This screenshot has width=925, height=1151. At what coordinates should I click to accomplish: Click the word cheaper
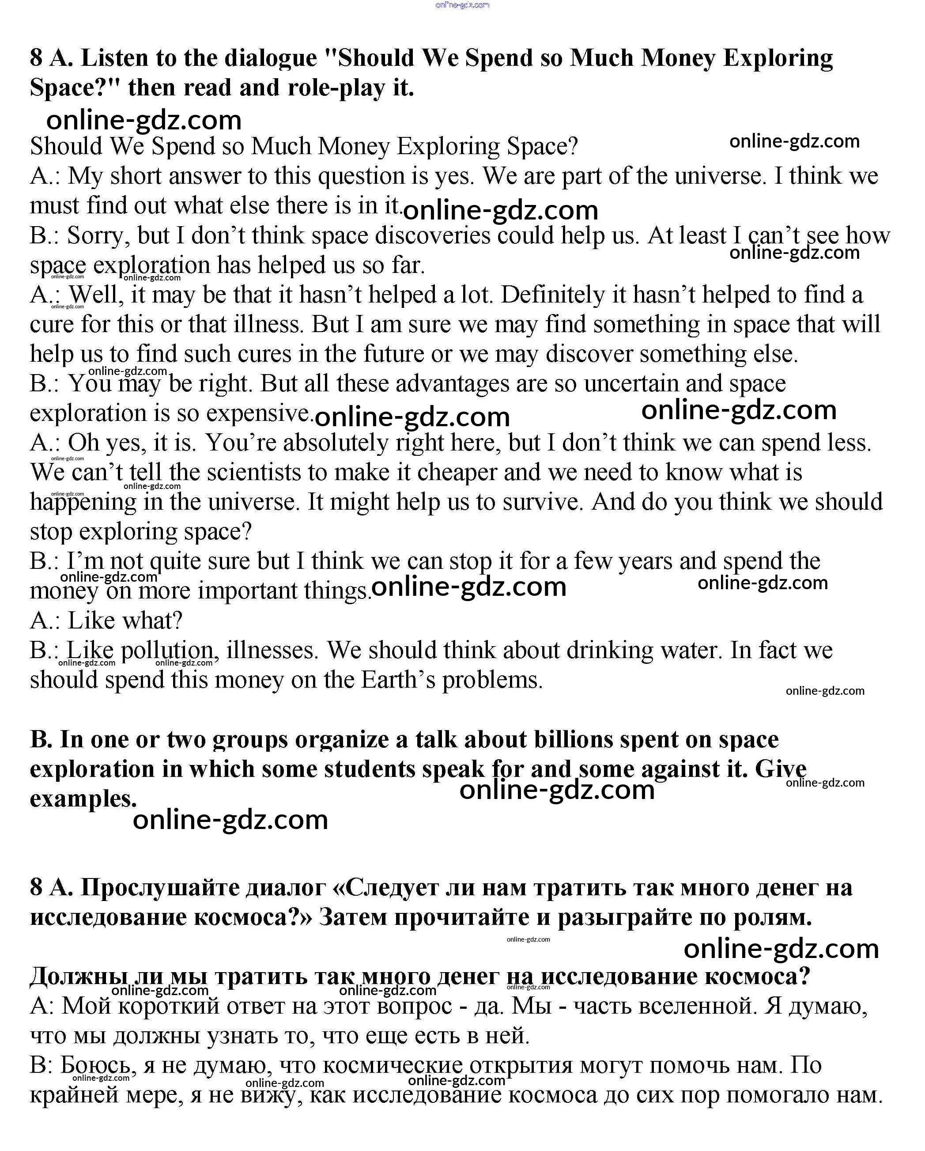[x=457, y=473]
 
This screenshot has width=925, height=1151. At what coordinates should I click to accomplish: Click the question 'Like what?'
[x=125, y=621]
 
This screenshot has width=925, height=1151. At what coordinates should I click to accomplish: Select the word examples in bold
[x=83, y=799]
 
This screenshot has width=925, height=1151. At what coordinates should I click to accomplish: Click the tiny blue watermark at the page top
[x=462, y=5]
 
